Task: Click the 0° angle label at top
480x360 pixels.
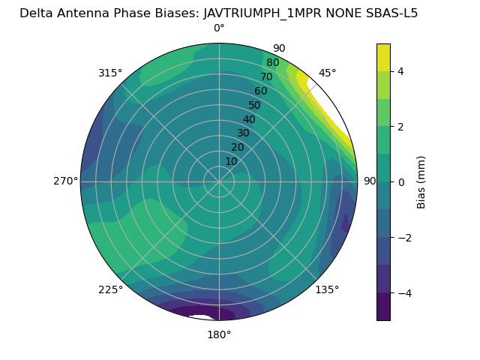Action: click(219, 28)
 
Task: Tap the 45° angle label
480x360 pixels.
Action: click(328, 73)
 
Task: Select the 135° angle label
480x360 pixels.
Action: click(327, 289)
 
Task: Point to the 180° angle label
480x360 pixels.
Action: click(219, 334)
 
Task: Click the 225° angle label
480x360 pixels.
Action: click(110, 289)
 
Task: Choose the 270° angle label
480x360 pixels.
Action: click(66, 181)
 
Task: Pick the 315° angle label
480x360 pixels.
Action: click(110, 73)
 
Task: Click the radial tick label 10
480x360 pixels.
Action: click(231, 161)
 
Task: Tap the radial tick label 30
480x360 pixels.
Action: click(243, 133)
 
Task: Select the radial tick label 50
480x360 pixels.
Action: click(254, 106)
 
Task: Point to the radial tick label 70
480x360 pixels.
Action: click(266, 77)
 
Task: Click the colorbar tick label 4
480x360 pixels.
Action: click(400, 71)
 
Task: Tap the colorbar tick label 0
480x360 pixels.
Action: click(400, 181)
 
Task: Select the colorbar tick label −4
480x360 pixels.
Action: click(403, 292)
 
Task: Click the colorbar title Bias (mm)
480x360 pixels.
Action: click(421, 181)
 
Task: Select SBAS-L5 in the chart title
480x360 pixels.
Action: click(390, 13)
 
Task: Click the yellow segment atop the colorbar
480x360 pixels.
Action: click(383, 57)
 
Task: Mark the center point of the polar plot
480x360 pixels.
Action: click(219, 181)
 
